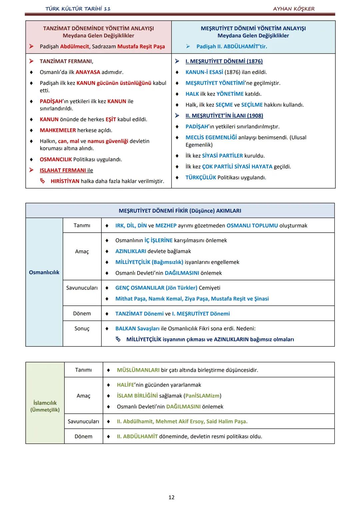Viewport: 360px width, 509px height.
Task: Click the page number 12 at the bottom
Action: click(171, 497)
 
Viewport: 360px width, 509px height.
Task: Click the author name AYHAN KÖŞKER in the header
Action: click(294, 9)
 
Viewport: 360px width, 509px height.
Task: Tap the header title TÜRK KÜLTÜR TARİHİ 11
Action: click(78, 9)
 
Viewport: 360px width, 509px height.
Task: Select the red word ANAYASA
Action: click(88, 72)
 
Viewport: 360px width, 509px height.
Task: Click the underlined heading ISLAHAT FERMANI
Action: click(63, 170)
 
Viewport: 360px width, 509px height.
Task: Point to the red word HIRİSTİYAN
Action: click(65, 181)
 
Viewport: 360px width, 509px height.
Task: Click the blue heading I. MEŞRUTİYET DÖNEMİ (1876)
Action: click(224, 61)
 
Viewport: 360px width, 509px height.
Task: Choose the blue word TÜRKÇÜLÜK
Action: click(201, 177)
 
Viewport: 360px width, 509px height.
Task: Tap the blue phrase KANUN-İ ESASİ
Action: click(204, 72)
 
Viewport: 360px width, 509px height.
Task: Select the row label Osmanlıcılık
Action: click(44, 272)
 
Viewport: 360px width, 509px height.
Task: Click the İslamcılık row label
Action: click(45, 403)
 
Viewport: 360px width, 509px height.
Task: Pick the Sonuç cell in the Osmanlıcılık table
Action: click(82, 329)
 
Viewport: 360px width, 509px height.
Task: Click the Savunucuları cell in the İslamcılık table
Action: click(83, 421)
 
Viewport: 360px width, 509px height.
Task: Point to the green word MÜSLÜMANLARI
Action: click(138, 370)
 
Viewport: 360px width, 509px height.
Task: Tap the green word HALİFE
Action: click(125, 385)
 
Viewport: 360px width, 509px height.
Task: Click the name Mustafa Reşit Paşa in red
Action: click(141, 46)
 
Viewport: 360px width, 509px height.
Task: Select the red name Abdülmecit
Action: click(75, 46)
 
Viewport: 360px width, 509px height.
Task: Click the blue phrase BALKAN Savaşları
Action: click(137, 329)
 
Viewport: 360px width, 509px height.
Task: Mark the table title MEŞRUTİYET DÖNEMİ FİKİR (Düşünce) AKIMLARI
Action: click(180, 211)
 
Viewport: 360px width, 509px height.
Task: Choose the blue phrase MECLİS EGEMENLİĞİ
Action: click(211, 137)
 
